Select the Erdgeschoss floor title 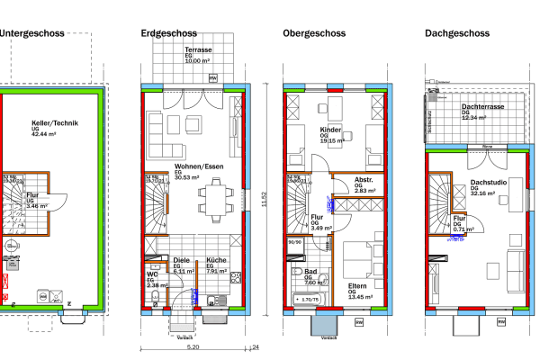point(170,33)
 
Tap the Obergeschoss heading point(314,33)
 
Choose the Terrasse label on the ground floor point(198,51)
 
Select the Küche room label point(216,261)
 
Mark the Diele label point(182,261)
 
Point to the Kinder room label point(331,130)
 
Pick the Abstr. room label point(340,179)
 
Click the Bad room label point(311,272)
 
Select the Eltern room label point(357,285)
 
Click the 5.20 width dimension point(193,346)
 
